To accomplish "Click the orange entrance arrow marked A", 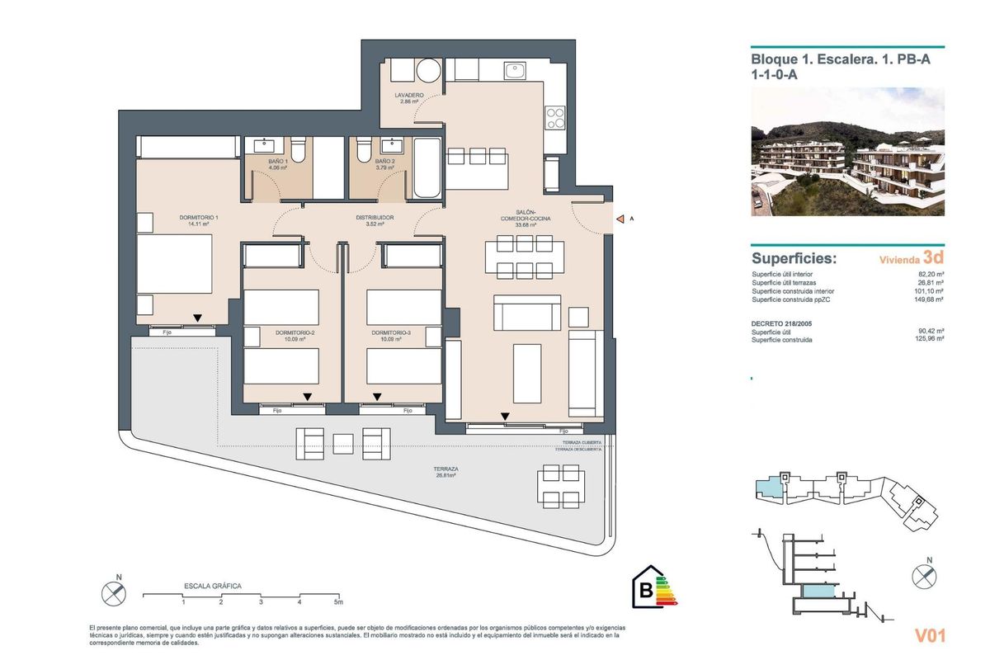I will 620,219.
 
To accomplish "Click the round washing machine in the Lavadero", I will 428,71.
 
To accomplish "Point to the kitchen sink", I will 516,73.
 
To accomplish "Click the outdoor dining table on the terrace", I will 559,486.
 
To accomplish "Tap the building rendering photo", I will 847,152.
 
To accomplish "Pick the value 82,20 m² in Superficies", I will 931,275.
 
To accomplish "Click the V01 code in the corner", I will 929,636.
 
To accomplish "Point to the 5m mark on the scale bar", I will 337,602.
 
